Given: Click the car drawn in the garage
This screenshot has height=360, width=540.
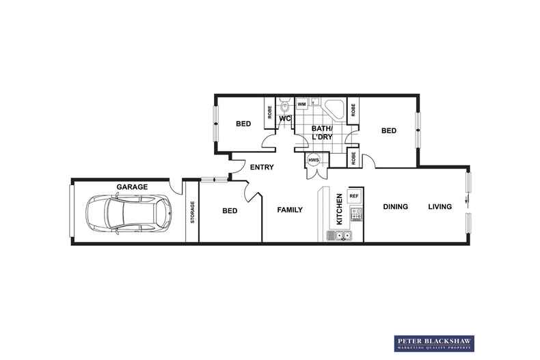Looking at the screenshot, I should tap(129, 213).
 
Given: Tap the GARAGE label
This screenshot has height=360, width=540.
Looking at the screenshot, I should tap(132, 186).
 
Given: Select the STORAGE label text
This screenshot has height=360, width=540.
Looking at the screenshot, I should tap(192, 212).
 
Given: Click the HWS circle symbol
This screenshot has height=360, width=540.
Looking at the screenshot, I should tap(314, 161).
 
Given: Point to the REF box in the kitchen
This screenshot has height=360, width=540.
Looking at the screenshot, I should tap(354, 196).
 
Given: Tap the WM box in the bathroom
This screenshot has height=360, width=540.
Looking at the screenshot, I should tap(301, 104).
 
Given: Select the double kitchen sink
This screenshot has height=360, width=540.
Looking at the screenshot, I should tap(339, 236).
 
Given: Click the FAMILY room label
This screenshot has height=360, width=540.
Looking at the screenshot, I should tap(290, 210).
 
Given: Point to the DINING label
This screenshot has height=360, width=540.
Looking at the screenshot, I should tap(395, 206).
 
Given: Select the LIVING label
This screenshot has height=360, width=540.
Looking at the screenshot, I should tap(440, 206).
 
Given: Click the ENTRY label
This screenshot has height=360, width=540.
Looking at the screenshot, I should tap(262, 167).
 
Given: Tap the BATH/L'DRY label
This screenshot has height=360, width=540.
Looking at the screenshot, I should tap(322, 133).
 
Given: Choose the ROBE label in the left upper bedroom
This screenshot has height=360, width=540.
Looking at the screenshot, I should tap(269, 113).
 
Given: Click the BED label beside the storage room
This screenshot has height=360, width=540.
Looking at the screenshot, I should tap(230, 211).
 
